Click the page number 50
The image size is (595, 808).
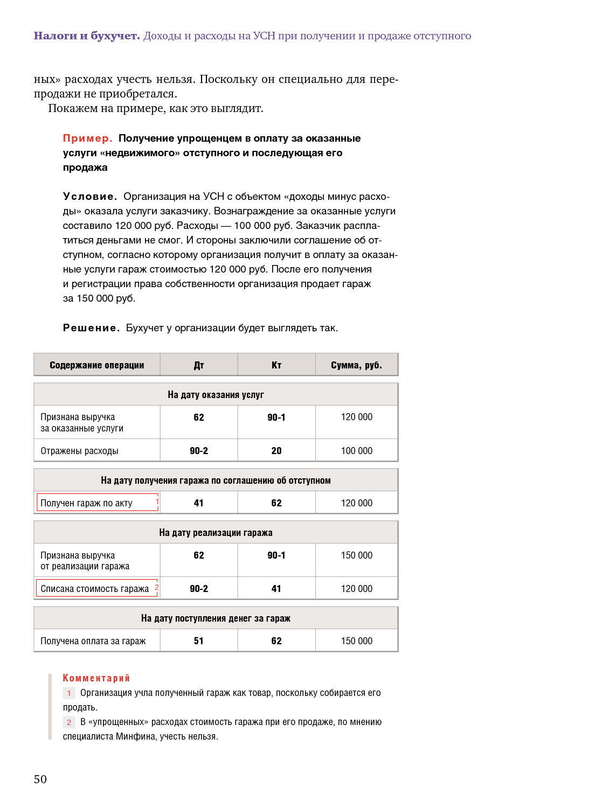tap(40, 779)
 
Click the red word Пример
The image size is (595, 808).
tap(87, 138)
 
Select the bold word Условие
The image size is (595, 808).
tap(89, 197)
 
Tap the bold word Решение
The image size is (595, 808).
tap(91, 328)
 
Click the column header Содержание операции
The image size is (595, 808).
tap(97, 365)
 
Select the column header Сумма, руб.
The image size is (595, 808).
tap(356, 365)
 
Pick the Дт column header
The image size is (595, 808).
tap(199, 365)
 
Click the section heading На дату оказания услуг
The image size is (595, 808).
tap(216, 395)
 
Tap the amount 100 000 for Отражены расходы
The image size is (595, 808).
tap(357, 451)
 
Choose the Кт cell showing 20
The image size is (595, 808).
tap(276, 451)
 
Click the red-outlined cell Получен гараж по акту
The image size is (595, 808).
tap(97, 503)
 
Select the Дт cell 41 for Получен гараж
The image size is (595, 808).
tap(199, 503)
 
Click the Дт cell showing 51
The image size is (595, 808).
tap(199, 641)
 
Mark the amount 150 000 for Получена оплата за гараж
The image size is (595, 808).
tap(357, 641)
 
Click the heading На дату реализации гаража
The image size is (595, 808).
tap(216, 533)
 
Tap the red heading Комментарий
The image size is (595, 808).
tap(96, 678)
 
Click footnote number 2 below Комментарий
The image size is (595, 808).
tap(69, 722)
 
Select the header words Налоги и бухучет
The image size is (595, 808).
tap(87, 36)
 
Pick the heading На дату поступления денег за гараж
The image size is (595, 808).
tap(216, 618)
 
